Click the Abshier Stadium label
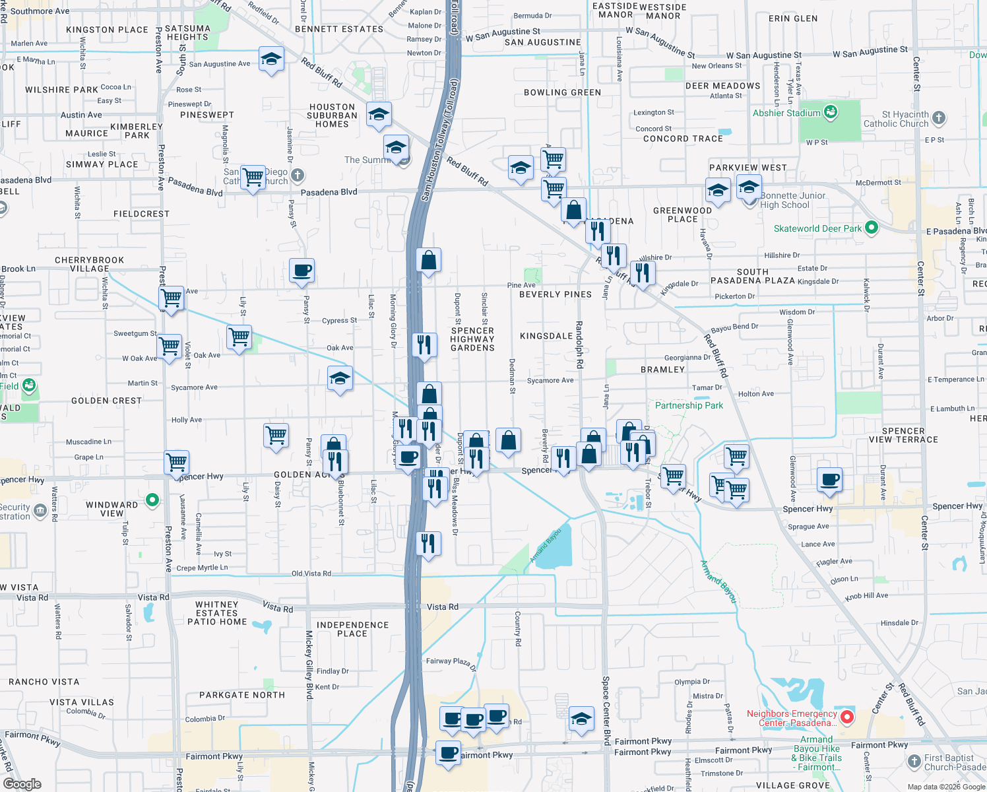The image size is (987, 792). (x=786, y=113)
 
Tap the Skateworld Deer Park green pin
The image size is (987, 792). (x=871, y=228)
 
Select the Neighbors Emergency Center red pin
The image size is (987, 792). (x=847, y=717)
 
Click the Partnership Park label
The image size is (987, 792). (x=689, y=405)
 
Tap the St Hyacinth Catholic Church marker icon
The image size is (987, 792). (x=939, y=118)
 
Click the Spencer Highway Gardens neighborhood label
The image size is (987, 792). (x=472, y=339)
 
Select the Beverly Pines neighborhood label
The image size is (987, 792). (x=556, y=294)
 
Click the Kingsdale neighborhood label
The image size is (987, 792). (x=546, y=336)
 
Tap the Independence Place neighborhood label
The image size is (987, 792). (x=352, y=629)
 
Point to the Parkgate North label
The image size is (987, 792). (x=242, y=695)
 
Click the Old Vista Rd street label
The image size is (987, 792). (x=311, y=574)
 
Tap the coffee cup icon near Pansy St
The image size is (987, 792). (x=302, y=271)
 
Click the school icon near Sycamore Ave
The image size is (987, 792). (x=340, y=379)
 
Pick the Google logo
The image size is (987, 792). (x=22, y=784)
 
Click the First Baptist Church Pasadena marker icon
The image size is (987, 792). (x=914, y=762)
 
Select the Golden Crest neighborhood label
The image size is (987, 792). (x=106, y=401)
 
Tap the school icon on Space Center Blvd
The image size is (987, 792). (x=581, y=718)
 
